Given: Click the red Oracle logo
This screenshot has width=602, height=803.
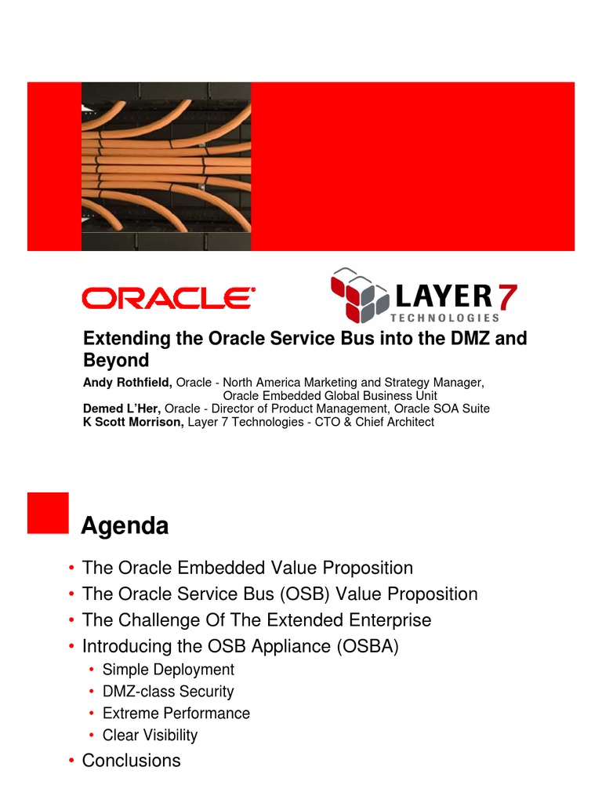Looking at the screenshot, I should click(169, 298).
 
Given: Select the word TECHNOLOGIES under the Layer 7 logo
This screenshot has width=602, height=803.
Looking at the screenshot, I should click(444, 318).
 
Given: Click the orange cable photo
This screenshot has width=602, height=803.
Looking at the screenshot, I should click(166, 165).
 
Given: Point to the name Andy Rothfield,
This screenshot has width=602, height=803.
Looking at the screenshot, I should click(128, 383).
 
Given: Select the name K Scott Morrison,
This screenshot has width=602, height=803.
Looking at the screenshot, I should click(134, 422).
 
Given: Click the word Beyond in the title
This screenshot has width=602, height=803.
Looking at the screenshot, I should click(116, 361).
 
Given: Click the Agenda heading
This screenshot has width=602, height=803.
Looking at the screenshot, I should click(125, 527).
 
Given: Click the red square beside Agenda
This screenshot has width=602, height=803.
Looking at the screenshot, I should click(48, 514).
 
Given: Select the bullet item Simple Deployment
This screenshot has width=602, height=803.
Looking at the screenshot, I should click(168, 670).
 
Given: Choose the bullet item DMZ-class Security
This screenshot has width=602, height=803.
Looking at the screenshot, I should click(168, 692).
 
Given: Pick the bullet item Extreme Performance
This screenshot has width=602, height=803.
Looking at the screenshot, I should click(176, 714).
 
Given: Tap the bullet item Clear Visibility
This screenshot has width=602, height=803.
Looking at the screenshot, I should click(150, 736).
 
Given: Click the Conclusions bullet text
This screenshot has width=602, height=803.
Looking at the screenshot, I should click(131, 761).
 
